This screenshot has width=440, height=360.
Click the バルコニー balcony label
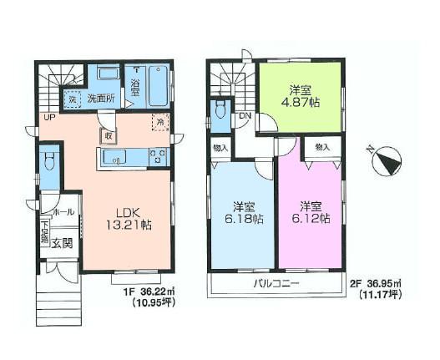pos(277,285)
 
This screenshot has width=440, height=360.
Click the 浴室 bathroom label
pos(135,86)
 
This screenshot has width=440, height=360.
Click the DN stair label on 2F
pos(244,117)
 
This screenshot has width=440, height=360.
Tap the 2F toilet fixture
pos(220,112)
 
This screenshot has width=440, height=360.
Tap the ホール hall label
pos(63,213)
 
